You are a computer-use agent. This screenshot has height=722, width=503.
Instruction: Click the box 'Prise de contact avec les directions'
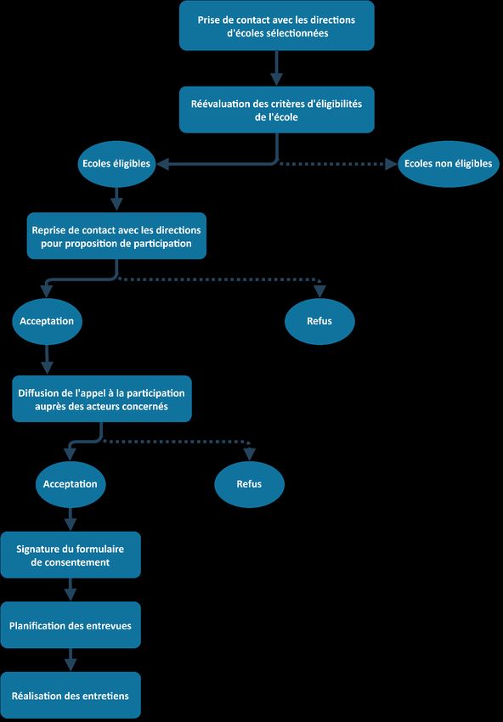click(276, 25)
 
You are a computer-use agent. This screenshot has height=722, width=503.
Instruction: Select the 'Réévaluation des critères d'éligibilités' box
click(276, 110)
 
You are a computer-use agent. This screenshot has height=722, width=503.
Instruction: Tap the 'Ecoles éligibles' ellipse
click(116, 164)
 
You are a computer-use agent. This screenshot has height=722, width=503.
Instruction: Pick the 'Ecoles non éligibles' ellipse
click(448, 164)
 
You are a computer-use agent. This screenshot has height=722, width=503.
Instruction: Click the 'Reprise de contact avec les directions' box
click(116, 236)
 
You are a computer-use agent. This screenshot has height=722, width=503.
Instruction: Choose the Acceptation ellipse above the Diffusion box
click(47, 321)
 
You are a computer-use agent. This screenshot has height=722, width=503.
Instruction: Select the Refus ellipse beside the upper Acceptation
click(319, 321)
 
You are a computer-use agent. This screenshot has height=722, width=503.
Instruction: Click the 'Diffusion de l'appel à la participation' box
click(101, 398)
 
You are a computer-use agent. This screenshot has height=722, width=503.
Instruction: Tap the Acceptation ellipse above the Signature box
click(70, 484)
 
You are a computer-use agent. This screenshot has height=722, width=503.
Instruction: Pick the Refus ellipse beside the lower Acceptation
click(249, 484)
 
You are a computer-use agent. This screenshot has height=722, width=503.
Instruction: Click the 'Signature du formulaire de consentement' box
click(70, 555)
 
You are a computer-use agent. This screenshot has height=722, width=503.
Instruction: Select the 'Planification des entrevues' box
click(70, 625)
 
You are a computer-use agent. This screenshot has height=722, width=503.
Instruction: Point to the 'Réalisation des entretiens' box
click(70, 696)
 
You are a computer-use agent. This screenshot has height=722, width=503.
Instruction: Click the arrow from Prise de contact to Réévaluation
click(276, 68)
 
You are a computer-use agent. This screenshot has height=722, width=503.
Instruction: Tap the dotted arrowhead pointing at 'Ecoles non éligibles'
click(392, 163)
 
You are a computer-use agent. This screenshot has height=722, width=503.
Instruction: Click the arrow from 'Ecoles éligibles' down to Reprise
click(116, 199)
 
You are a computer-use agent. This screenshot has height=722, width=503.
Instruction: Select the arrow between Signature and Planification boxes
click(70, 589)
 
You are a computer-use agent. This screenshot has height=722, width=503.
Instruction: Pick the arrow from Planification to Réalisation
click(70, 660)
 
